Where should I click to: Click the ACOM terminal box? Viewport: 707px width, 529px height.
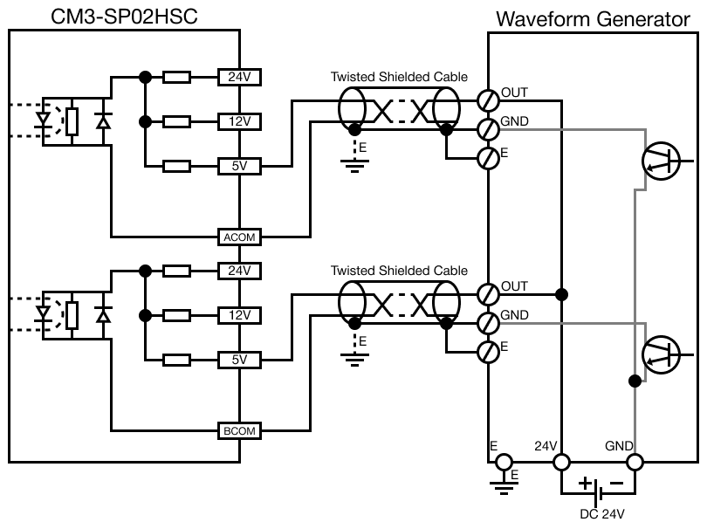[238, 237]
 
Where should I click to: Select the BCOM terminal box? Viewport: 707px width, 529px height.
[238, 430]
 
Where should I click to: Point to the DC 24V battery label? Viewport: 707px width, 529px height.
[602, 513]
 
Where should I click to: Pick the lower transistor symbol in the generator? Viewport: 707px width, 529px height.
[661, 354]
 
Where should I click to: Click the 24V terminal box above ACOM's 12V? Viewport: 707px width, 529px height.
[238, 77]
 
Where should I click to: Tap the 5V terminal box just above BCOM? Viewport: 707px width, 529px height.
[238, 359]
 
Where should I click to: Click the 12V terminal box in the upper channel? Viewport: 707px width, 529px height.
[238, 121]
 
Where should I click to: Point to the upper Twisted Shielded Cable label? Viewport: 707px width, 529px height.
[399, 77]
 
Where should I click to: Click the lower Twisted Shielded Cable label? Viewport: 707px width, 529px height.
[399, 271]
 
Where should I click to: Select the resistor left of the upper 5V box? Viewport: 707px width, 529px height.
[177, 166]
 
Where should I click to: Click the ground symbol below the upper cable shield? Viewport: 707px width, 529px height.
[353, 163]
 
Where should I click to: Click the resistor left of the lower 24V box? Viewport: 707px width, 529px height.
[177, 271]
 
